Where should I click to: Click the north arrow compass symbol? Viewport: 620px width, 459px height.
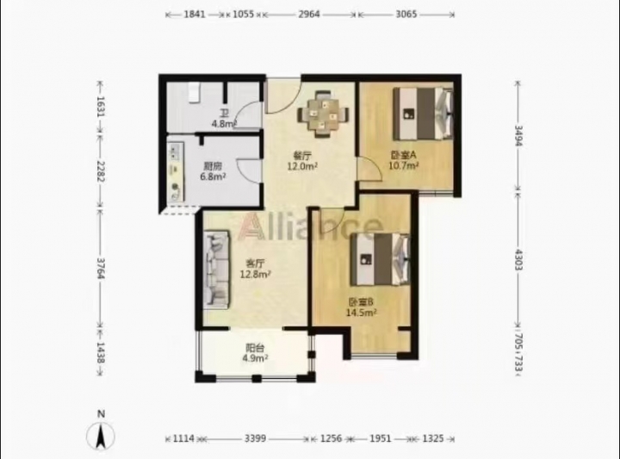tap(101, 436)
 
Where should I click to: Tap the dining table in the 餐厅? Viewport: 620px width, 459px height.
tap(323, 115)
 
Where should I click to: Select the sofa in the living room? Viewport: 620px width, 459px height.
tap(217, 270)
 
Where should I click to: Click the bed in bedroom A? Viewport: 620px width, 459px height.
tap(423, 114)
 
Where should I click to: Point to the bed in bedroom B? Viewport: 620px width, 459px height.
tap(380, 259)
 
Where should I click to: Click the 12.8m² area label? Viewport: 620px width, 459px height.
tap(256, 274)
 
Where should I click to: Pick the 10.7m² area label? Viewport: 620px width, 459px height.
tap(404, 165)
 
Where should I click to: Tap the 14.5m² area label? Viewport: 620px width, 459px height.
tap(361, 313)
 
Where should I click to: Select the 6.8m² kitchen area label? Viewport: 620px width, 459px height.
tap(213, 177)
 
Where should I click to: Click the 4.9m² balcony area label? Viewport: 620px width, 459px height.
tap(255, 358)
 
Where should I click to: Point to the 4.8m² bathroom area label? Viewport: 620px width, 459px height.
tap(224, 123)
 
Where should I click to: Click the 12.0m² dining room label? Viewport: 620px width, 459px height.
tap(302, 166)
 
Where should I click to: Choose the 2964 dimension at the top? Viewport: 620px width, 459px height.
tap(309, 15)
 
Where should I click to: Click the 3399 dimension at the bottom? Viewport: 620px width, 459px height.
tap(256, 438)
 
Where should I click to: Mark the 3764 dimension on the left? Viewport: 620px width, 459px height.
tap(102, 269)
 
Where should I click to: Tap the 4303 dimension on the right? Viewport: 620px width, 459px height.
tap(518, 260)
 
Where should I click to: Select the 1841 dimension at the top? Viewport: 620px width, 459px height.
tap(195, 15)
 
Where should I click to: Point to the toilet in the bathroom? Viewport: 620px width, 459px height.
tap(193, 93)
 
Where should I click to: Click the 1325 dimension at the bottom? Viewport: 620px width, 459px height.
tap(433, 438)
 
